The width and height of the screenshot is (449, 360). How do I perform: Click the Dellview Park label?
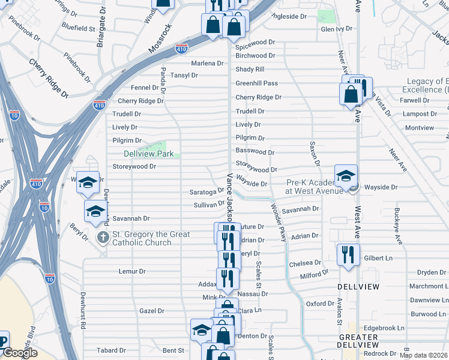point(149,154)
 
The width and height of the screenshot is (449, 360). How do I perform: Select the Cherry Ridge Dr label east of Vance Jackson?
point(258,97)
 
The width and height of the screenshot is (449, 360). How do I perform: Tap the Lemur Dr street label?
point(133,271)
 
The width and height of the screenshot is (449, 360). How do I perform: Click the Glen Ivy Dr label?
point(336,29)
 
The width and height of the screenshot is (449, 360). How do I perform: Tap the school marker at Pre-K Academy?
point(346,176)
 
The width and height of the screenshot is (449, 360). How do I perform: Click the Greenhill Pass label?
point(256,83)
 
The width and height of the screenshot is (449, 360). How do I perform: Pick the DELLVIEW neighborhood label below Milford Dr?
point(358,287)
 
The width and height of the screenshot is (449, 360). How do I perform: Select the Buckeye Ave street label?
point(397,226)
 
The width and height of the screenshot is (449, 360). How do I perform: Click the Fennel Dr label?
point(144,88)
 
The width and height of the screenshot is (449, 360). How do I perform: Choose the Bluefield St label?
point(78,28)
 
